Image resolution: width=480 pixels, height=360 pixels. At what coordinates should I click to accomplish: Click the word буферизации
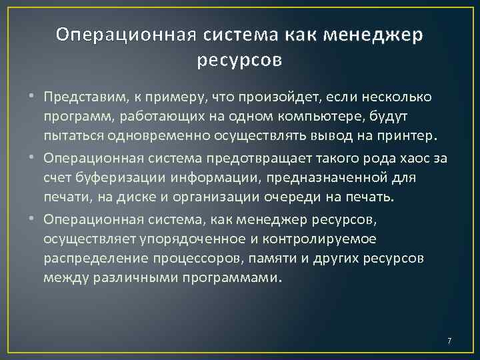118,177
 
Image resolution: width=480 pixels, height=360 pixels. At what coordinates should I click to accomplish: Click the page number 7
449,341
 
